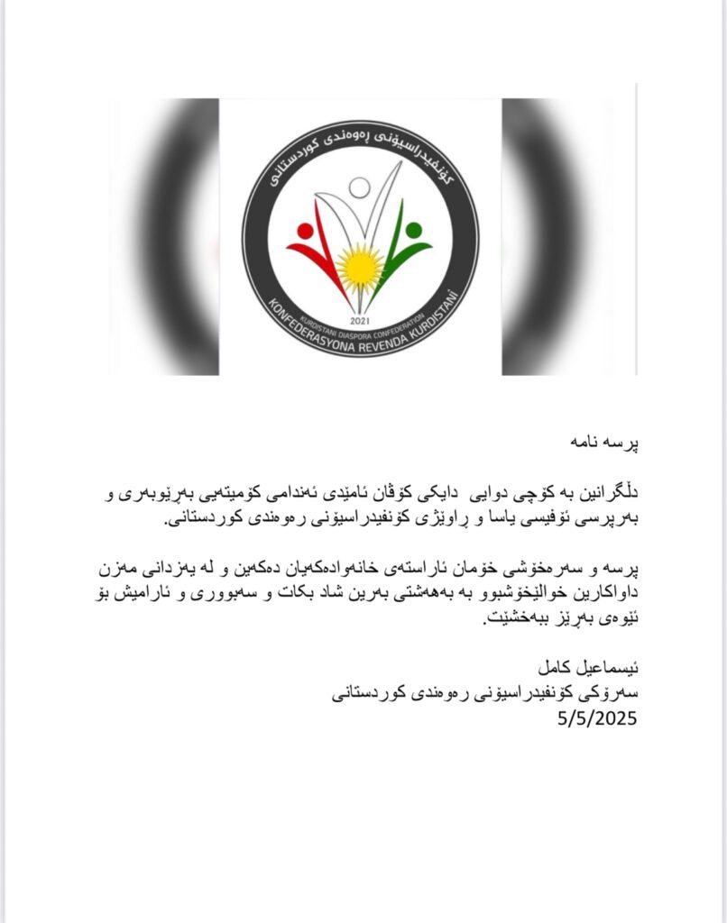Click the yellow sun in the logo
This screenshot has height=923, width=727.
point(360,266)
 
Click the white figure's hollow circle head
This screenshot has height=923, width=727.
point(360,187)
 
